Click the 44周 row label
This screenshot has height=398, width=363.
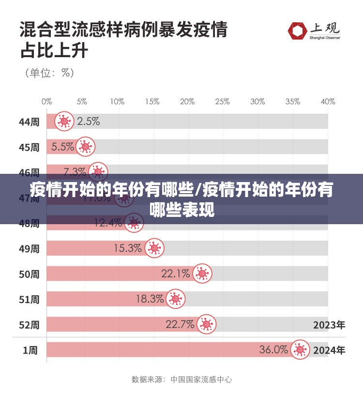point(29,122)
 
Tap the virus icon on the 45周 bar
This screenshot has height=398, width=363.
point(86,146)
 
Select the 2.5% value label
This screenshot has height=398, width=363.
point(89,121)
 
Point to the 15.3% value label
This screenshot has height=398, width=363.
point(128,248)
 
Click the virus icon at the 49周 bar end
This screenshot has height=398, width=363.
point(154,248)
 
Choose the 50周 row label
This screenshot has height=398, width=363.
point(29,274)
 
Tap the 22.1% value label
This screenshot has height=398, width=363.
point(175,274)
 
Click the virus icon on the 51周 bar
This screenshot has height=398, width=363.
point(175,299)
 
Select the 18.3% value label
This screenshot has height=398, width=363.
point(150,299)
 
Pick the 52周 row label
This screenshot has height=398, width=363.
point(29,325)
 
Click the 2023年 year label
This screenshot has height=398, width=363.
point(329,325)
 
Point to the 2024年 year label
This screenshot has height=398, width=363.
point(329,350)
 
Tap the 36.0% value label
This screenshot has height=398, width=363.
point(274,350)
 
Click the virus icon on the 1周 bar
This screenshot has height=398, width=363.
point(300,350)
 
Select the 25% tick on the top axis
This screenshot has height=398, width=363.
point(222,102)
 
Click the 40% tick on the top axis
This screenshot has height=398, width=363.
point(328,102)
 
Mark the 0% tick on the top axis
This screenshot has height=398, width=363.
point(46,102)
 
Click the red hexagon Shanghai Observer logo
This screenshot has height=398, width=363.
point(297,31)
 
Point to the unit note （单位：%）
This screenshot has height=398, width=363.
point(49,73)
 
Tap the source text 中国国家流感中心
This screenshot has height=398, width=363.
point(201,380)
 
